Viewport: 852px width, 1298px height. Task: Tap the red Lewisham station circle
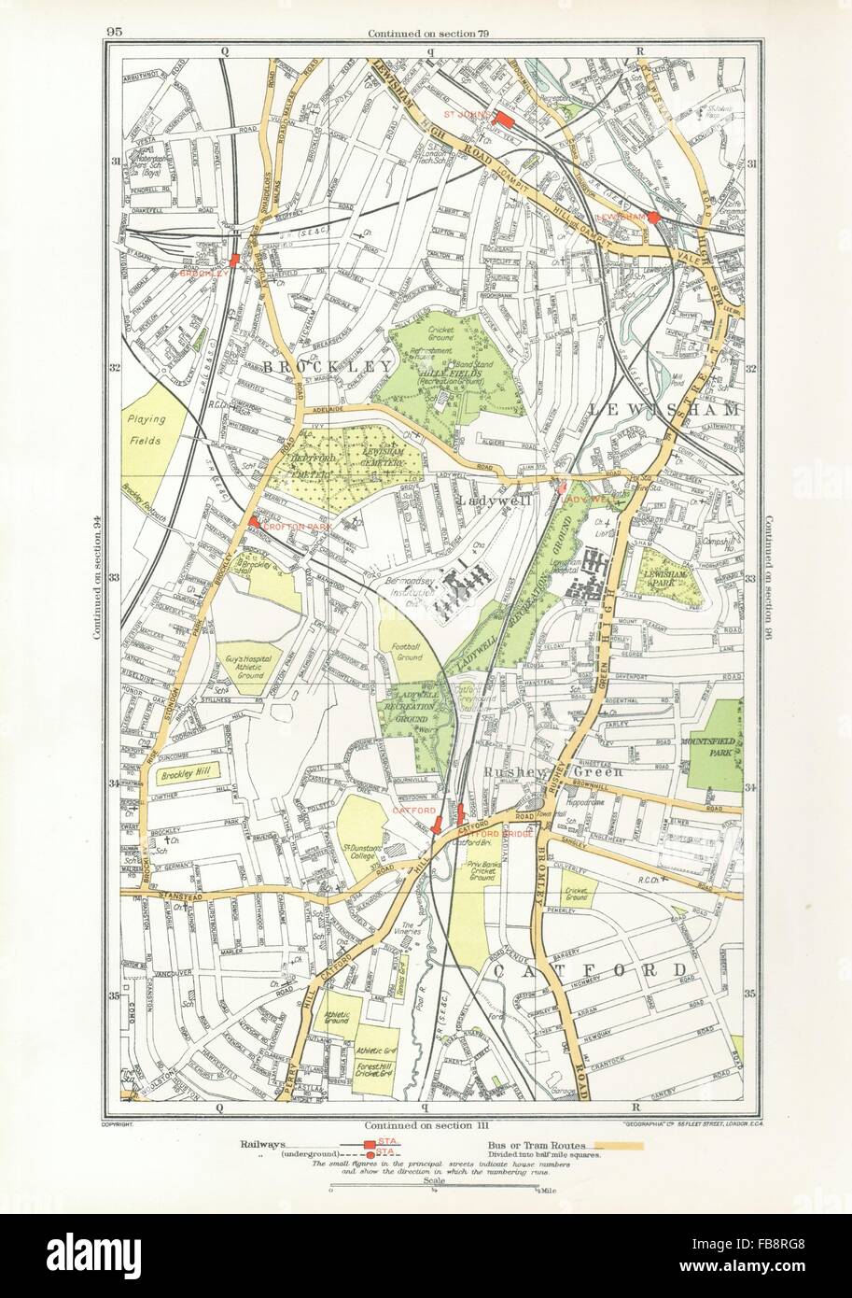point(654,218)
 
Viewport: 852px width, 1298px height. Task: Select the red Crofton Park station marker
point(253,521)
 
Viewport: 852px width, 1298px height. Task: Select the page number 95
point(115,31)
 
